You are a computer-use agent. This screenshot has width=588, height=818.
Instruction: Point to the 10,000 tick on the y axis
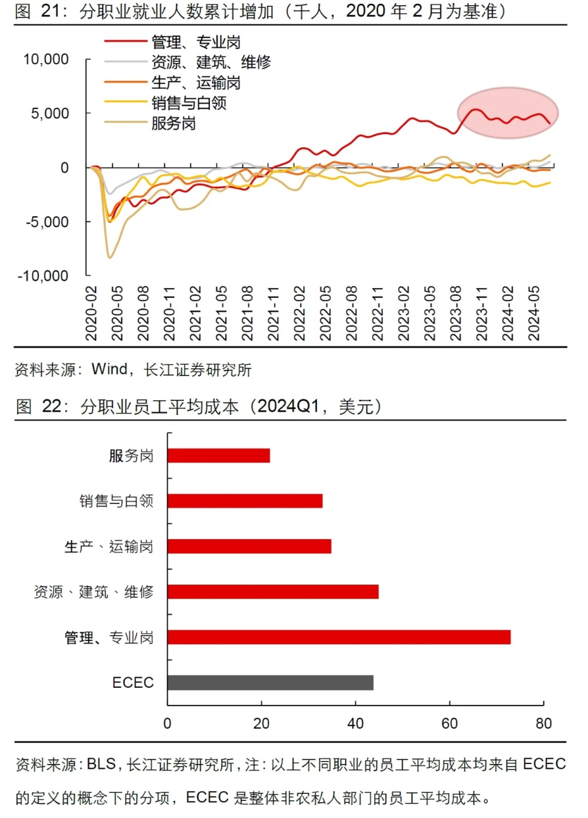46,60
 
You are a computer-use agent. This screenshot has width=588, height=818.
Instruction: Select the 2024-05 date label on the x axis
534,314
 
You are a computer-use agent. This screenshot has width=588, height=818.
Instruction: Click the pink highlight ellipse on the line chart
508,113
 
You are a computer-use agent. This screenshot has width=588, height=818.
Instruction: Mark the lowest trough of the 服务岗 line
109,258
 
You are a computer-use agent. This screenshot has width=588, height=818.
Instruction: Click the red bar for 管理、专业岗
339,637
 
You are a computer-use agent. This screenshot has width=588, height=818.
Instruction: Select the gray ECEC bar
270,682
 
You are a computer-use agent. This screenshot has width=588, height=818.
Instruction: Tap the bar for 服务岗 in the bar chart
218,456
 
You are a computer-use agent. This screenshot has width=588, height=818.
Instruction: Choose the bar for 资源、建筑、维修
273,592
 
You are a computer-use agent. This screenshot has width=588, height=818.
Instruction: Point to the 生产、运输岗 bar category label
109,546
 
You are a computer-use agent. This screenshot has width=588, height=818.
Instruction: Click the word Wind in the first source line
109,369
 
